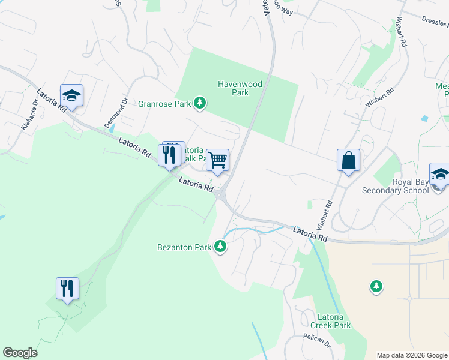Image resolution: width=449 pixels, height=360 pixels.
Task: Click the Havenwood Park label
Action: point(240,89)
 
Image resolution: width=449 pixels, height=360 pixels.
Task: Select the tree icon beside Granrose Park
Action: point(200,104)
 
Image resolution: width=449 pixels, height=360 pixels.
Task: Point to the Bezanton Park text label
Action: point(185,247)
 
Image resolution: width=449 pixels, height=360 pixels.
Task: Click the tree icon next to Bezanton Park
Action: point(220,246)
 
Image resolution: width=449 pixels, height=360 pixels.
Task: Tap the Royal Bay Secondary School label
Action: point(396,187)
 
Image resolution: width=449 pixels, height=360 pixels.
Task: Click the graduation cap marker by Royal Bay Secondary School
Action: point(440,175)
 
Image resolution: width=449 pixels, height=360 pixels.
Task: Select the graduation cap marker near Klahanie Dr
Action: point(72,96)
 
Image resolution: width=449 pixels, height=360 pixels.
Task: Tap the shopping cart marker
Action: point(218,160)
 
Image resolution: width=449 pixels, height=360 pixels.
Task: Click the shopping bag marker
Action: point(348,161)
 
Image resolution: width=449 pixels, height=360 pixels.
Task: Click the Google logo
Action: point(20,353)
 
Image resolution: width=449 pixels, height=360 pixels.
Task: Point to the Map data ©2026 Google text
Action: point(412,355)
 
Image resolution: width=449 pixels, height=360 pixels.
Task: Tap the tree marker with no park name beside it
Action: point(376,287)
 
